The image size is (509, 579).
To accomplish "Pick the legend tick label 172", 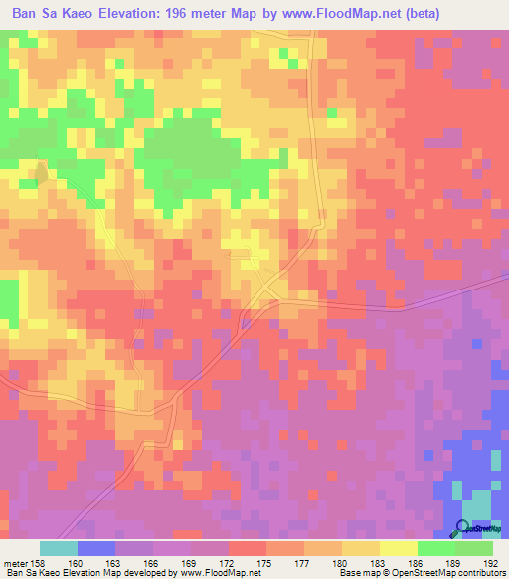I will click(x=228, y=562).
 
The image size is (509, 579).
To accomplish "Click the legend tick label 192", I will click(x=492, y=562).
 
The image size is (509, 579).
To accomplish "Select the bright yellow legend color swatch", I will click(x=398, y=548).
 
